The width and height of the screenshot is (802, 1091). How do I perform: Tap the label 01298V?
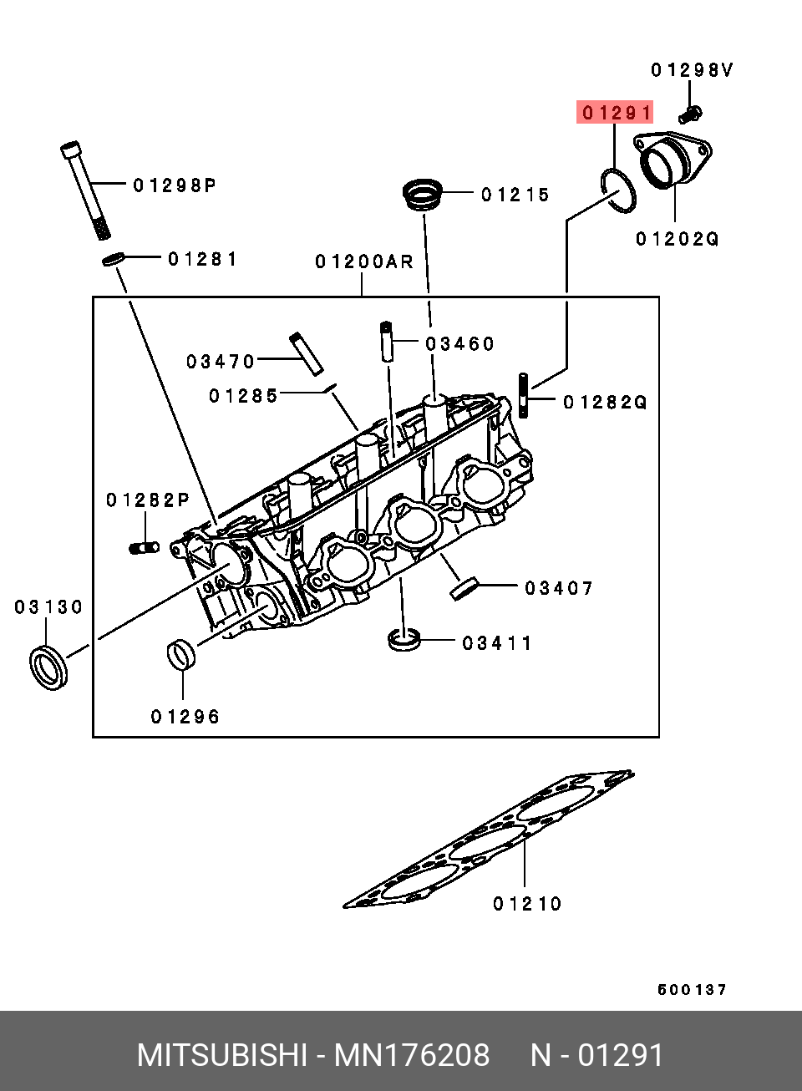click(692, 70)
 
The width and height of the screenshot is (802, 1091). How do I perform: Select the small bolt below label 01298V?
click(692, 112)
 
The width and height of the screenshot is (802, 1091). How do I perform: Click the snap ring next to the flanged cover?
click(618, 190)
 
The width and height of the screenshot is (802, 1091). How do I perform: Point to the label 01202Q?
click(678, 240)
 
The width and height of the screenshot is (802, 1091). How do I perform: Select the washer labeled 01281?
click(114, 260)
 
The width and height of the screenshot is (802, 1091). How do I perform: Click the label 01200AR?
click(364, 262)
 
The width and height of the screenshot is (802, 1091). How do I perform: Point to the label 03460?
click(459, 343)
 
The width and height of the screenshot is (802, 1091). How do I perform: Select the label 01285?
click(243, 396)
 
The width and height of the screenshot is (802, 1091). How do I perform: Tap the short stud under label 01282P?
click(145, 548)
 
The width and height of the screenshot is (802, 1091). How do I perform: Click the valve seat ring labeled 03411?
click(404, 641)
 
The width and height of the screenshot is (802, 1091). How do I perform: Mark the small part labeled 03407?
click(464, 588)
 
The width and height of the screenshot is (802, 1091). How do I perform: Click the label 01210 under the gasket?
click(527, 904)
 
